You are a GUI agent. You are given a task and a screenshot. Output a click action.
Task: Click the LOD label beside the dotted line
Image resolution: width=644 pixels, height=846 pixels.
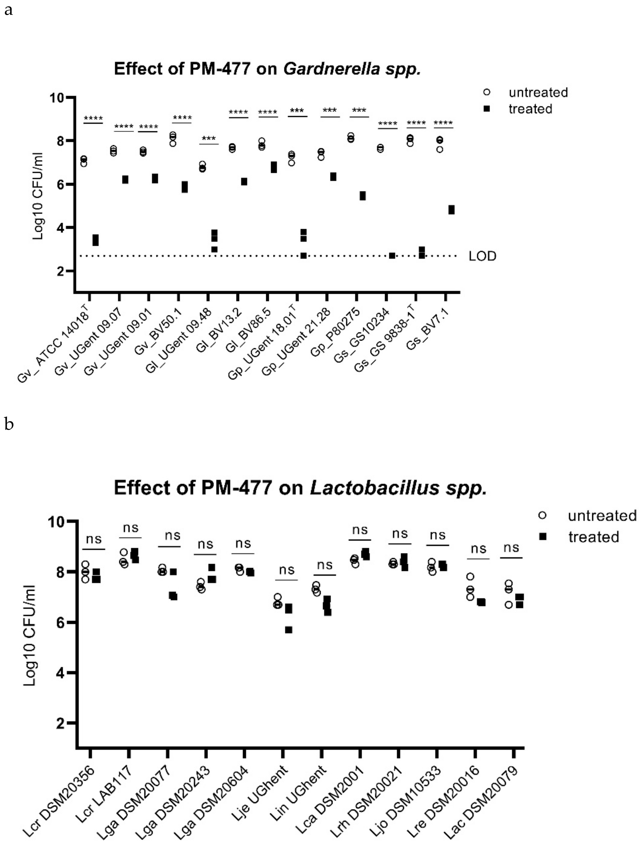(x=482, y=256)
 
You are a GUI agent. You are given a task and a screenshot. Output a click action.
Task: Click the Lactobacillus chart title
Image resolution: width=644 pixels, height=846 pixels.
(x=300, y=488)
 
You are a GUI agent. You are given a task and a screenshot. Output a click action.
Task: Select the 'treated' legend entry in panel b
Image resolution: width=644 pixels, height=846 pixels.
(x=593, y=537)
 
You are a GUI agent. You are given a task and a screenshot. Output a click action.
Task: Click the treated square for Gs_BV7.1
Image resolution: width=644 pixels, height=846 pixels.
(x=451, y=210)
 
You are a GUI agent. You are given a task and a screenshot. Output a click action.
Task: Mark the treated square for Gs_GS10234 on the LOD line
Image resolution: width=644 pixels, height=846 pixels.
(x=392, y=256)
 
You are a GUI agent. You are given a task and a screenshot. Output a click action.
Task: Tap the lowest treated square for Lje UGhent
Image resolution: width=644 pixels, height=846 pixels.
(x=289, y=630)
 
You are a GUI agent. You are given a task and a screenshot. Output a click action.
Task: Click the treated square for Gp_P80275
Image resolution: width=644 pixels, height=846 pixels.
(x=362, y=196)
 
